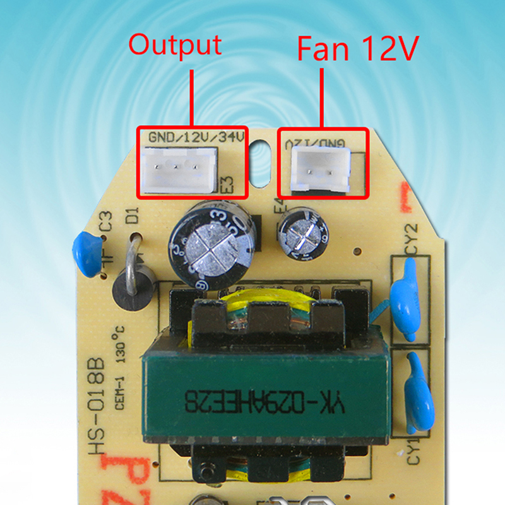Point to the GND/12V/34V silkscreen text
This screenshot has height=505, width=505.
[x=196, y=136]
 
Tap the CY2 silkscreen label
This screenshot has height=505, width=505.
[x=411, y=237]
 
